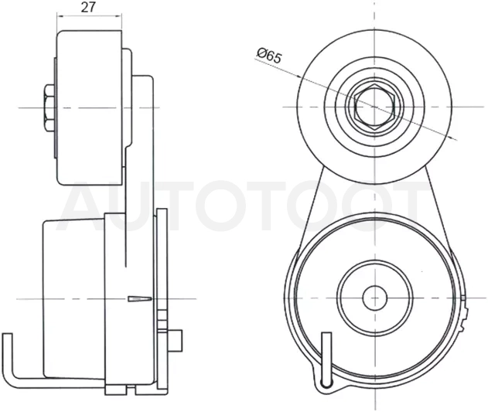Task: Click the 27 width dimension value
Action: [88, 7]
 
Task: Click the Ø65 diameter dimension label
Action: [269, 56]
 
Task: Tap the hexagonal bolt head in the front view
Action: [375, 107]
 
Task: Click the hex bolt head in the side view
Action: [49, 107]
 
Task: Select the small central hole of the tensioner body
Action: [375, 298]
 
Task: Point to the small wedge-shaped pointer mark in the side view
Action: [140, 298]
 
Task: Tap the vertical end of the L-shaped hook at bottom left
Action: [8, 355]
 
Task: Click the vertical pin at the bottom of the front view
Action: [326, 359]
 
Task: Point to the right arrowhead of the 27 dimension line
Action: [118, 15]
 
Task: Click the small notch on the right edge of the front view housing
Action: [464, 298]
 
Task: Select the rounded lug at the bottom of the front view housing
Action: [326, 385]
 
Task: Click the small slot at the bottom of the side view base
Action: [131, 388]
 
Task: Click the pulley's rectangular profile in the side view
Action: [89, 107]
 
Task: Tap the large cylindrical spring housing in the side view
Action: [74, 298]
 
